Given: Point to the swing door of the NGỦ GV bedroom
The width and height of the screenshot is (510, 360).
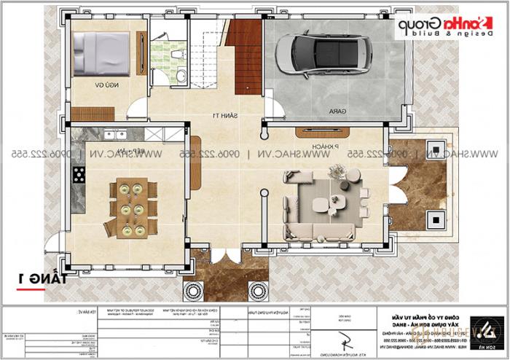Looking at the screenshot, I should [136, 111].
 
